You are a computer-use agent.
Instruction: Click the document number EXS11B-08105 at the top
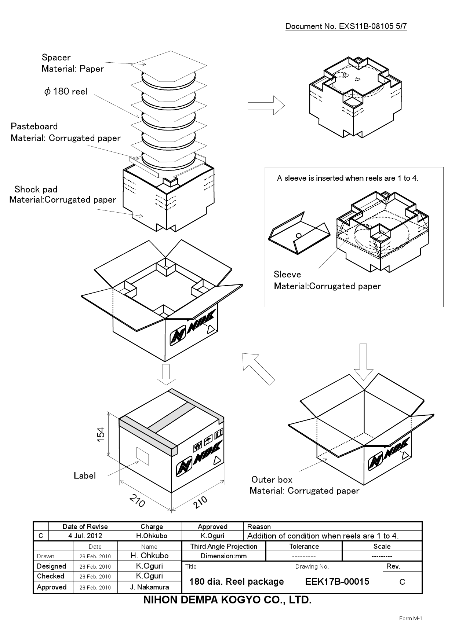pos(346,26)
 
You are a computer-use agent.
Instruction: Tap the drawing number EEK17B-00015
pos(337,582)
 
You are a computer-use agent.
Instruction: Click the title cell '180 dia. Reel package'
pos(236,582)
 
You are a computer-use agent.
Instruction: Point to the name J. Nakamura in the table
pos(149,587)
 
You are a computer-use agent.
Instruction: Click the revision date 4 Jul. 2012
pos(85,536)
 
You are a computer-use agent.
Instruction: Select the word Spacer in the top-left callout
pos(56,58)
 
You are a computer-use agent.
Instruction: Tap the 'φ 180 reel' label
pos(66,92)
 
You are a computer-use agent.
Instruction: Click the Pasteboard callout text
pos(34,126)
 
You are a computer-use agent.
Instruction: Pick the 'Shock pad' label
pos(36,190)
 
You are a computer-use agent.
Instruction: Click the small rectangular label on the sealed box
pos(143,456)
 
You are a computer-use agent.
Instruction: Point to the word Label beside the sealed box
pos(85,476)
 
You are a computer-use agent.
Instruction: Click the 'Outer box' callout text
pos(272,480)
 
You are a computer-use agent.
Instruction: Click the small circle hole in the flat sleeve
pos(299,235)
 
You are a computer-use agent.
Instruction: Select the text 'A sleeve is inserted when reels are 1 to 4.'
pos(347,179)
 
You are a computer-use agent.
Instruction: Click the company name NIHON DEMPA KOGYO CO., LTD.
pos(227,600)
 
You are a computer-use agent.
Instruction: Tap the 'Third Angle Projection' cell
pos(223,547)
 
